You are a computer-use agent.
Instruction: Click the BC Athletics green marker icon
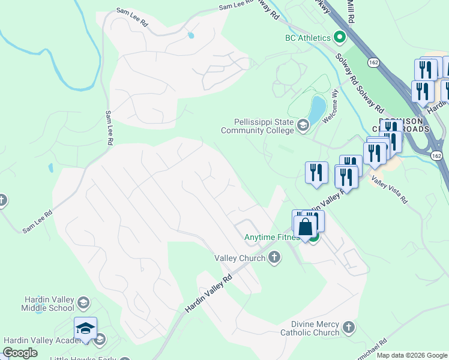[x=339, y=38]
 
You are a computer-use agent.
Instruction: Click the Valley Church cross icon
[x=274, y=258]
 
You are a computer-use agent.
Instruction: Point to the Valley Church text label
[x=240, y=258]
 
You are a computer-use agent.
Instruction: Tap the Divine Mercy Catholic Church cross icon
[x=349, y=328]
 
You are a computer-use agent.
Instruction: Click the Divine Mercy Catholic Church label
[x=310, y=328]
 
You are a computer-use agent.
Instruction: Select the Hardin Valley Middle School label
[x=41, y=304]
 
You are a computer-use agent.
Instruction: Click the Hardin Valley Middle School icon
[x=84, y=302]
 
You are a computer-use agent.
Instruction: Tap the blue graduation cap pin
[x=85, y=328]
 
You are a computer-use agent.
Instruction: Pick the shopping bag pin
[x=305, y=227]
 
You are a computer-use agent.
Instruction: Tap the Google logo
[x=20, y=353]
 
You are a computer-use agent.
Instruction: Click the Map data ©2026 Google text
[x=412, y=355]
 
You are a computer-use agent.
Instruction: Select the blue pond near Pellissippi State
[x=316, y=109]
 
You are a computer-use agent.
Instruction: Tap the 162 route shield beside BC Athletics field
[x=374, y=62]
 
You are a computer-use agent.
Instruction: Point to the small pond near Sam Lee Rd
[x=190, y=35]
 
